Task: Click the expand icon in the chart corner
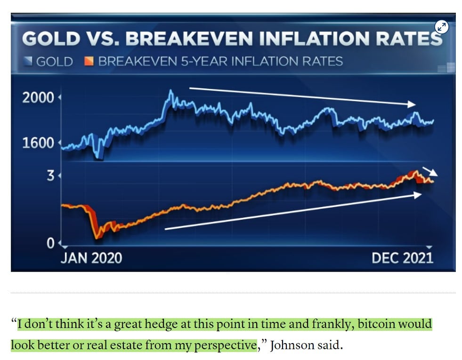[x=441, y=27]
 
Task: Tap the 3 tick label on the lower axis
[x=50, y=176]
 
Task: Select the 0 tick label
[x=50, y=243]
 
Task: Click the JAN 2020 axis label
[x=91, y=258]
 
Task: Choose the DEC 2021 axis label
[x=402, y=258]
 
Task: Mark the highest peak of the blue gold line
[x=171, y=91]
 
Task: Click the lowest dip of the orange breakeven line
[x=97, y=238]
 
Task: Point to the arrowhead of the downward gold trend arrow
[x=413, y=104]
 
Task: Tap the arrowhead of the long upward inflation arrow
[x=417, y=194]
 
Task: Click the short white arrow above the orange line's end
[x=430, y=172]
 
